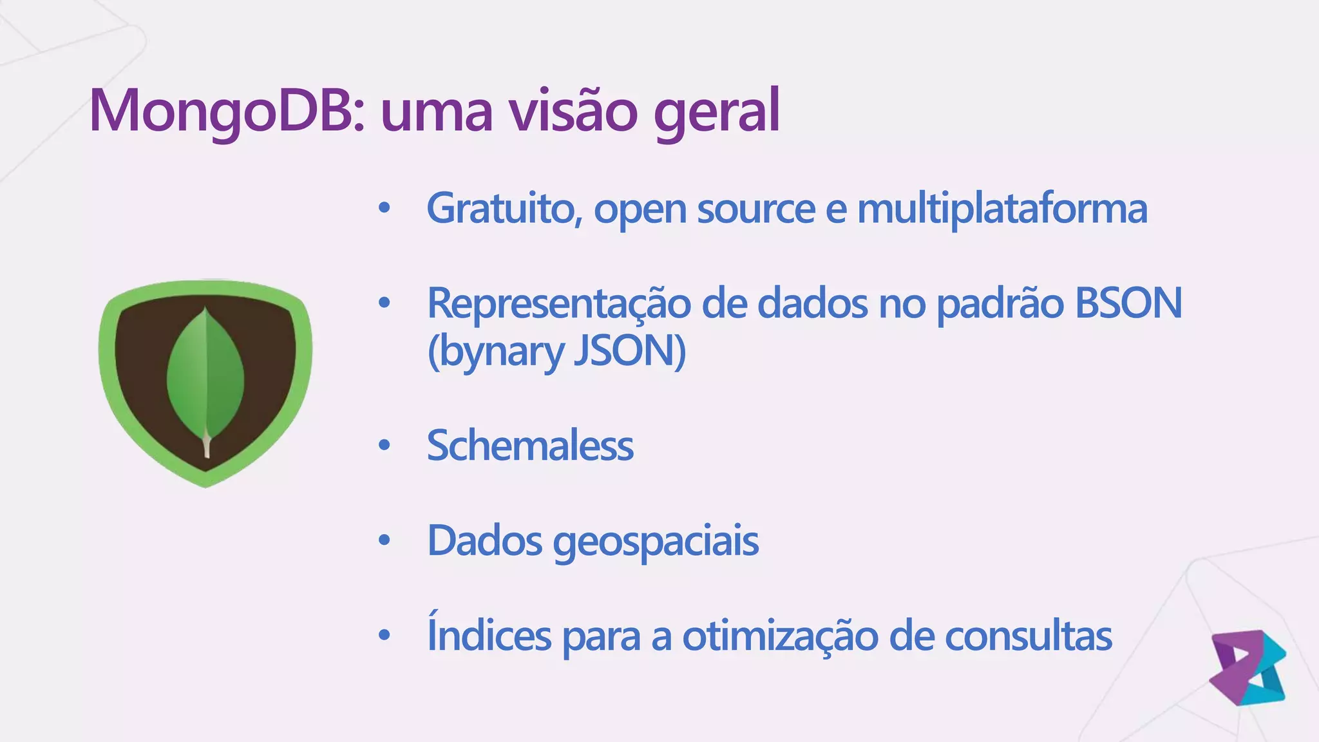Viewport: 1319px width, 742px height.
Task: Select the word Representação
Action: coord(558,304)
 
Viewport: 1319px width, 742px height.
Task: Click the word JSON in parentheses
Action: coord(629,352)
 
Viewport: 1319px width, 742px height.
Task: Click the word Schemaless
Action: coord(530,445)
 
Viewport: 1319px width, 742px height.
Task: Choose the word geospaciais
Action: coord(656,541)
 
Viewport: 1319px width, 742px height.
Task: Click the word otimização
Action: coord(780,636)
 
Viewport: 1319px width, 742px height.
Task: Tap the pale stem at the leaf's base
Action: coord(207,446)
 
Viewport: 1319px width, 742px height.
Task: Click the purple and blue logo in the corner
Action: coord(1248,667)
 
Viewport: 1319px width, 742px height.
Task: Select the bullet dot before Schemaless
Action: coord(384,445)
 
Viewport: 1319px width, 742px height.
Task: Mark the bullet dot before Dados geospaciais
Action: coord(384,541)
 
